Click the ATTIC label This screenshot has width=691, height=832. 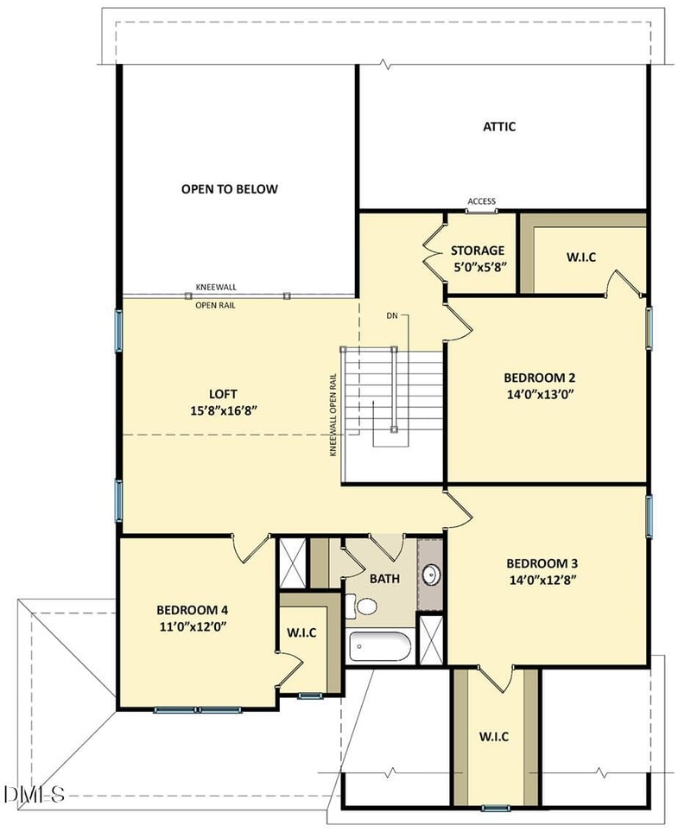click(499, 126)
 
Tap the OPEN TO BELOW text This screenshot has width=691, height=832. click(229, 189)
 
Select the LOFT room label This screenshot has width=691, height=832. click(223, 394)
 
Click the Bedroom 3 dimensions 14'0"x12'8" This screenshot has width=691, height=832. click(542, 580)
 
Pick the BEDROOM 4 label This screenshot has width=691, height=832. click(193, 610)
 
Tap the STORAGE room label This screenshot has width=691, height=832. click(478, 250)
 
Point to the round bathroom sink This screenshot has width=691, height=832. click(431, 575)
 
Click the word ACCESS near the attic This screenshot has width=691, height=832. click(481, 201)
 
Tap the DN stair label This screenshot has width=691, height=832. click(392, 315)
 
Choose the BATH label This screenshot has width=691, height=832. click(384, 578)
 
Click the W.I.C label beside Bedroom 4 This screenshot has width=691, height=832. click(301, 632)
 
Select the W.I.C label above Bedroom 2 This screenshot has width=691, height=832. click(581, 257)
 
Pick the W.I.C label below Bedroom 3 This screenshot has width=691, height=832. click(494, 736)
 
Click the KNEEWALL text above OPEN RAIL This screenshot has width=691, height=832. click(216, 287)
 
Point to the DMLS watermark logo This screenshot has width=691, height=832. click(34, 794)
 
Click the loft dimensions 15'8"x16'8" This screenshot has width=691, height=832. click(224, 410)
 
